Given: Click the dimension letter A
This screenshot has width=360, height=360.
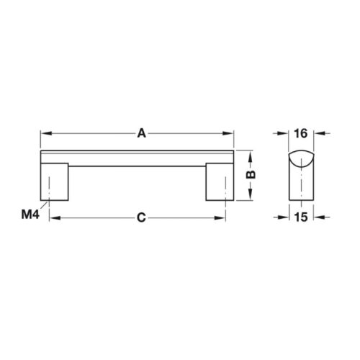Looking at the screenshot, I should point(142,132).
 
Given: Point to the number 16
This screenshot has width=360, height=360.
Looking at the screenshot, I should point(301,132).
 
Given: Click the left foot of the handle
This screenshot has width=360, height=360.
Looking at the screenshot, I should point(53,183).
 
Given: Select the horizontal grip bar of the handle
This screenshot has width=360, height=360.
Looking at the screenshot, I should point(138,158).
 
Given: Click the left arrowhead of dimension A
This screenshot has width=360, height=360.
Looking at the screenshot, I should point(43,133).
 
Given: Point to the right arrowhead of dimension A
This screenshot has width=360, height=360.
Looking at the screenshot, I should point(232,133).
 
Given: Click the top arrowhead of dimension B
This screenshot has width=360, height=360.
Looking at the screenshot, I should point(248,154).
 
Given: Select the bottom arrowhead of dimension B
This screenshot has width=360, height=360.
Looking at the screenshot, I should point(248,198).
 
